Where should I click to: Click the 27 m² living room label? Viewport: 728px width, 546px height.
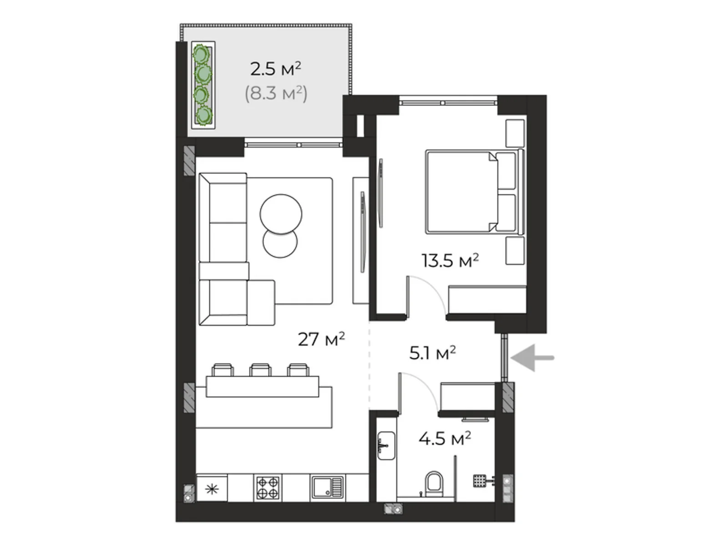[x=321, y=339]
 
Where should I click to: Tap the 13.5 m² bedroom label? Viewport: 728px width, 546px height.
[x=450, y=261]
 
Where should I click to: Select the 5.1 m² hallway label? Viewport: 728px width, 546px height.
[x=433, y=354]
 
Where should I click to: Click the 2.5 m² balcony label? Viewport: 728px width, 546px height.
[x=276, y=69]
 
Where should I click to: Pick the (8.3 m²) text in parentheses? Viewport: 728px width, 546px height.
[x=276, y=93]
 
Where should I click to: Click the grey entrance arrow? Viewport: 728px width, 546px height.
[x=532, y=358]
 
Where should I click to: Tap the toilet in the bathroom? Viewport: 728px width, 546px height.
[x=434, y=484]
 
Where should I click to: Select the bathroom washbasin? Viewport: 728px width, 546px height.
[x=386, y=445]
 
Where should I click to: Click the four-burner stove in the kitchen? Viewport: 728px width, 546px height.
[x=268, y=488]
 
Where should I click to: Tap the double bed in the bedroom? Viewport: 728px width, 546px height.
[x=475, y=192]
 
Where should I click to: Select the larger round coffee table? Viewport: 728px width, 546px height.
[x=281, y=214]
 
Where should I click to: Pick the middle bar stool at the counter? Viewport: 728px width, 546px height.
[x=261, y=369]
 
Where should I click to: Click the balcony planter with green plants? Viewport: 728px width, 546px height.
[x=203, y=85]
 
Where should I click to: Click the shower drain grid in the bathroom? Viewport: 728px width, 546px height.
[x=480, y=480]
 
